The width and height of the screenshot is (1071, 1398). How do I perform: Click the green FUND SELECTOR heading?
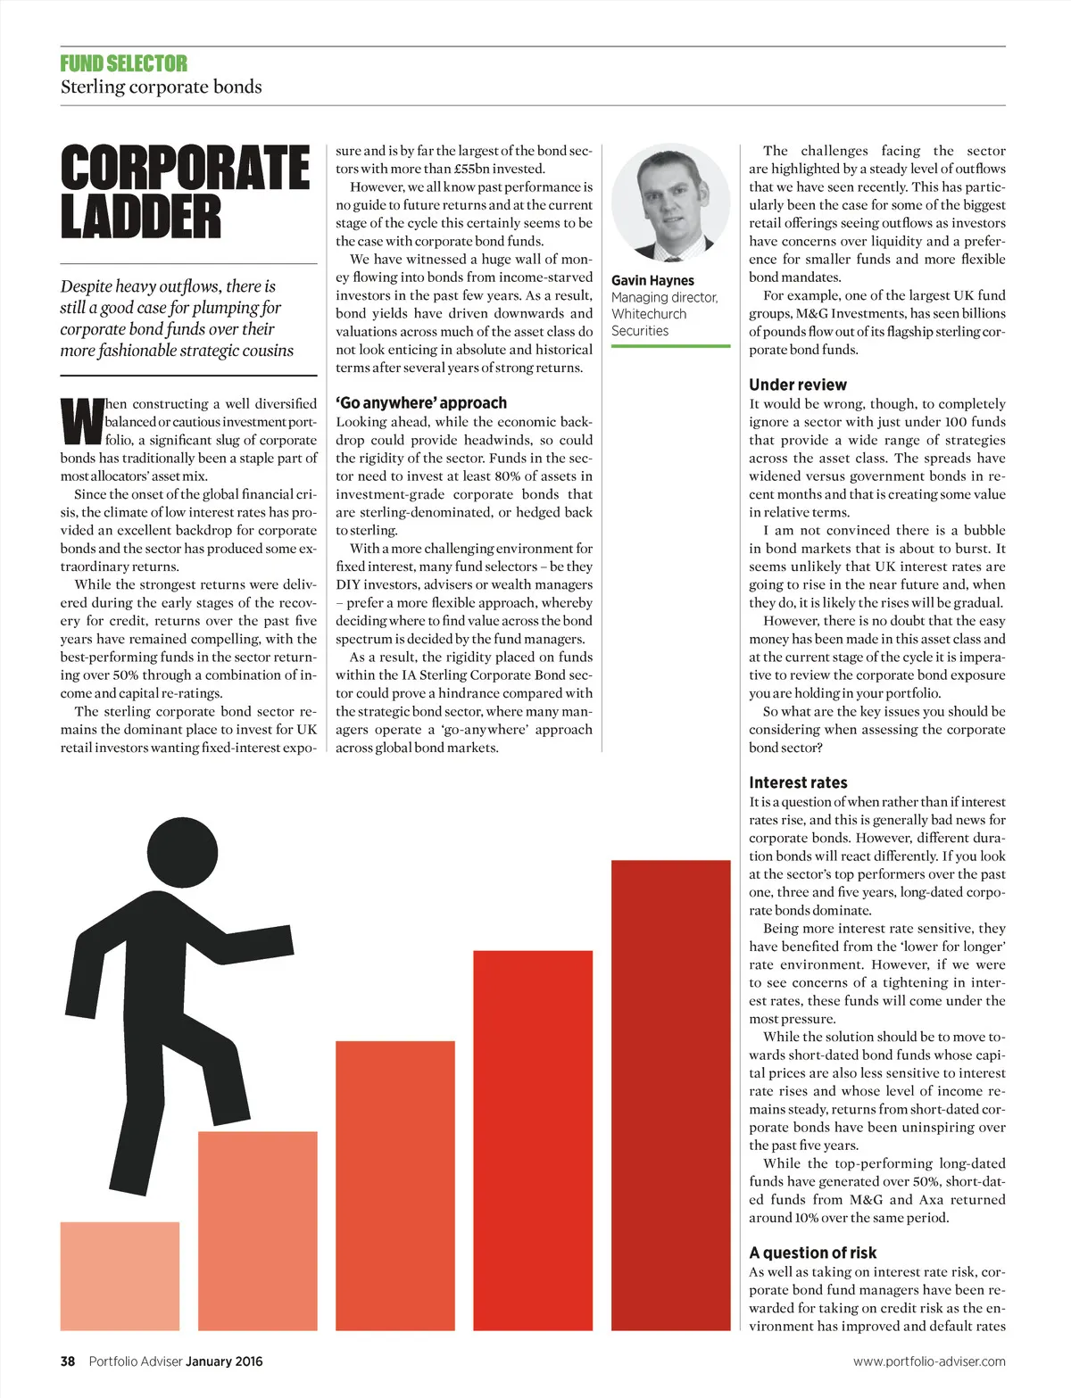tap(124, 63)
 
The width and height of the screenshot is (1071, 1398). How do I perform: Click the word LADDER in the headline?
tap(141, 219)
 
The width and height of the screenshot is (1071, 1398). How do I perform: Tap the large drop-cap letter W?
tap(81, 422)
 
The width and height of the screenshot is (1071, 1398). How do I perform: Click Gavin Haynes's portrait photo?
tap(671, 202)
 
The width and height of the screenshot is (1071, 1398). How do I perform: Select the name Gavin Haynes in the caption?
tap(652, 280)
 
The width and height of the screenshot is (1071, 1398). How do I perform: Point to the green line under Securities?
tap(671, 345)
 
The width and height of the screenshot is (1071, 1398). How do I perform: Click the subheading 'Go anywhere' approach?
tap(421, 402)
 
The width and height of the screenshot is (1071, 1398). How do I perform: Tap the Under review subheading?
tap(798, 385)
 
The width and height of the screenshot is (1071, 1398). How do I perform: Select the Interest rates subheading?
tap(798, 782)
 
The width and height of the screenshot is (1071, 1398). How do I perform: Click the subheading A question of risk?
tap(812, 1253)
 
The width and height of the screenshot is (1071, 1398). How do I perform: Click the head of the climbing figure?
tap(182, 856)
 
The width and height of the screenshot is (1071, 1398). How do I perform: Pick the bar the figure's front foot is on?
tap(257, 1231)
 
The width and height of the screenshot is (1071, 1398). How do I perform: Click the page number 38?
tap(68, 1361)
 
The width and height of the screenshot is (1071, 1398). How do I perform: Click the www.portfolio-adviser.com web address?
tap(929, 1361)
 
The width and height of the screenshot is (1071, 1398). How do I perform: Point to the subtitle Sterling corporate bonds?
tap(162, 87)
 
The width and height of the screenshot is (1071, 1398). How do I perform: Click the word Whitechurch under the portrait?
tap(649, 314)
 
